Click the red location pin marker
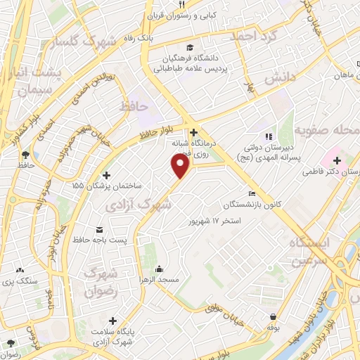[181, 165]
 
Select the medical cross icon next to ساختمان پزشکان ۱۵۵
[106, 175]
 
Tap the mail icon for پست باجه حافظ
[99, 230]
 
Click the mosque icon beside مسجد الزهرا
[160, 268]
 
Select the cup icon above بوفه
[272, 316]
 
